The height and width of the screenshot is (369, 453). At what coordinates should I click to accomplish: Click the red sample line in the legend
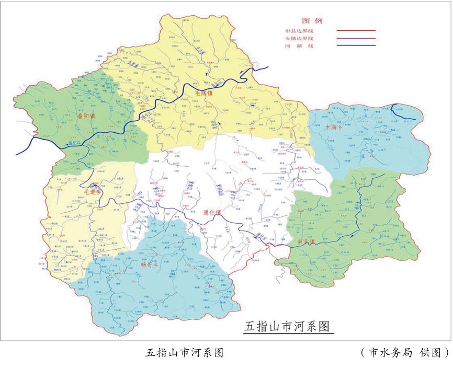click(356, 31)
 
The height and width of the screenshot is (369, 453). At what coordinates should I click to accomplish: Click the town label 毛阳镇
click(204, 93)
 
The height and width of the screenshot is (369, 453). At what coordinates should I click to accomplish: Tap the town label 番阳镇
click(86, 116)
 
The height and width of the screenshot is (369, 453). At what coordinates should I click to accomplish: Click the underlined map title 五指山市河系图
click(288, 327)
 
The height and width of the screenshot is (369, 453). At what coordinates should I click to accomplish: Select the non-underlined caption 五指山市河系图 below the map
click(184, 353)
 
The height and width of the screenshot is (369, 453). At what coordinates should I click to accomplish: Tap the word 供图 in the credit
click(430, 353)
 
